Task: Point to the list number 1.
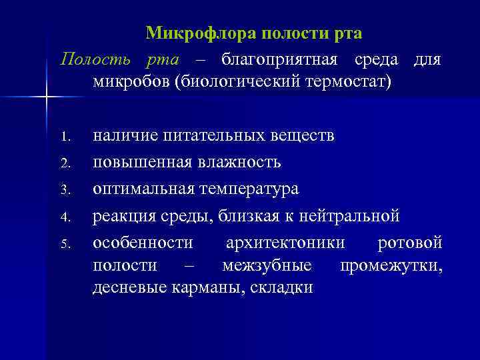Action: click(x=64, y=138)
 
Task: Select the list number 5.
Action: click(x=64, y=243)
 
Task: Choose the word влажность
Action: click(x=237, y=162)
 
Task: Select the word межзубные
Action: click(x=267, y=265)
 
